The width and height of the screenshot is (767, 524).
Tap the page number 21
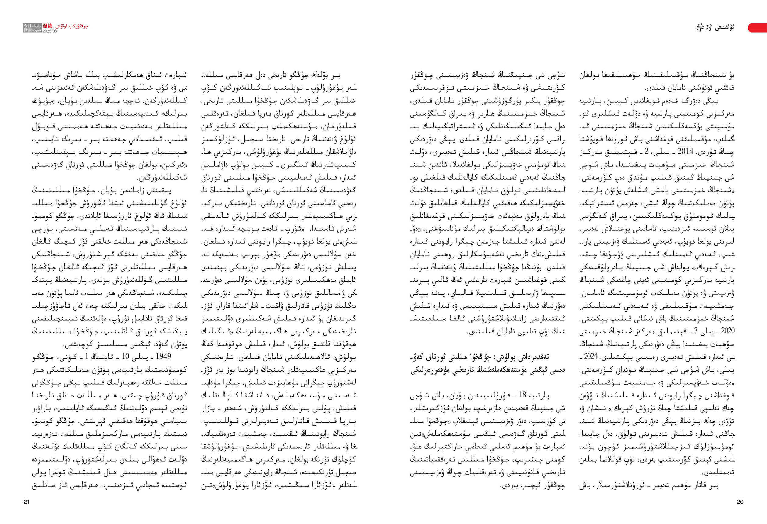27,502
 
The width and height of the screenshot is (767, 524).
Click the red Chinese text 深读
48,26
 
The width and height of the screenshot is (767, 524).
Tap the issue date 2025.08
49,31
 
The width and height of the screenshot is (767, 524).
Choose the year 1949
163,357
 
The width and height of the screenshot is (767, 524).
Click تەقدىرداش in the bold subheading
550,358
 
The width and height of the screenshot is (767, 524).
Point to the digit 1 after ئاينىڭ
86,357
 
